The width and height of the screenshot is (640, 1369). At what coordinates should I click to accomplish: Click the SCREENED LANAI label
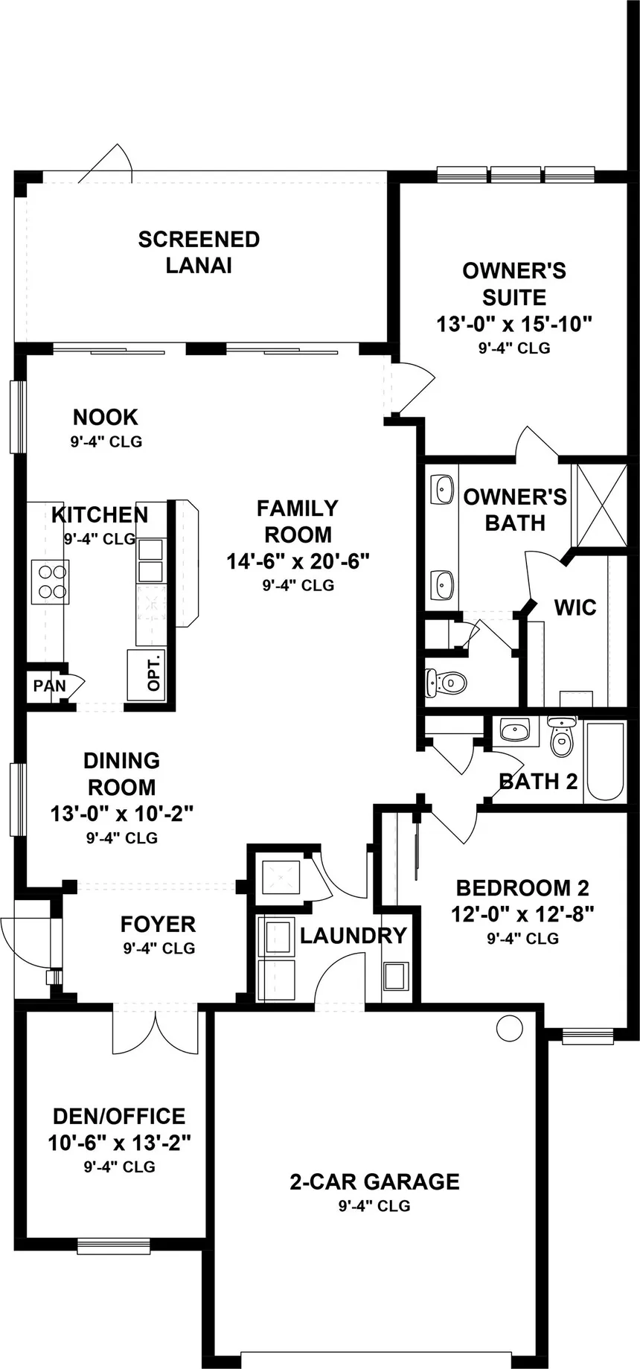(x=199, y=252)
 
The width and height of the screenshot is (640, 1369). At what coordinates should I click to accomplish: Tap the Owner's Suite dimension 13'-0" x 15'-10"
(x=513, y=325)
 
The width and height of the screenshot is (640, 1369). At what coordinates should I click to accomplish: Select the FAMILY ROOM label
(x=298, y=521)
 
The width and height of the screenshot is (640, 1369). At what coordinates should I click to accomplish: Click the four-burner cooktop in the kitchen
(x=50, y=582)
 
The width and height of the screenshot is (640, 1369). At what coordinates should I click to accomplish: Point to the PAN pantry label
(x=50, y=686)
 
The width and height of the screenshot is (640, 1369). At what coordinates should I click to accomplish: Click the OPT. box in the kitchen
(x=146, y=675)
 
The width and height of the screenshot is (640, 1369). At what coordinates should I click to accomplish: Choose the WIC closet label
(x=575, y=607)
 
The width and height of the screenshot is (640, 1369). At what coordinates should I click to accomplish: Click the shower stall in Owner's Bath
(x=599, y=505)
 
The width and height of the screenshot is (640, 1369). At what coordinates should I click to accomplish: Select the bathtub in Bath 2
(x=604, y=760)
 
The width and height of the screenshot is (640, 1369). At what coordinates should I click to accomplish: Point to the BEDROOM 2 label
(x=522, y=888)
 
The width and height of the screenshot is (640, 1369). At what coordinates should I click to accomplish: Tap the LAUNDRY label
(x=353, y=936)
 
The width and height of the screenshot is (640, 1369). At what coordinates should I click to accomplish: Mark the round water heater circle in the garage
(x=510, y=1028)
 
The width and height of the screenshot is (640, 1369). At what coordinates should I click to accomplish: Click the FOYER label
(x=159, y=925)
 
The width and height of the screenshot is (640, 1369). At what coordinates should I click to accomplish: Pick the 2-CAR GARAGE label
(x=374, y=1181)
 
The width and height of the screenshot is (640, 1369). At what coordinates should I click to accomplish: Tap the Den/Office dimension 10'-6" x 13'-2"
(x=120, y=1142)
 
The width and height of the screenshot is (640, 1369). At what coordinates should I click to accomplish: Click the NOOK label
(x=106, y=417)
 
